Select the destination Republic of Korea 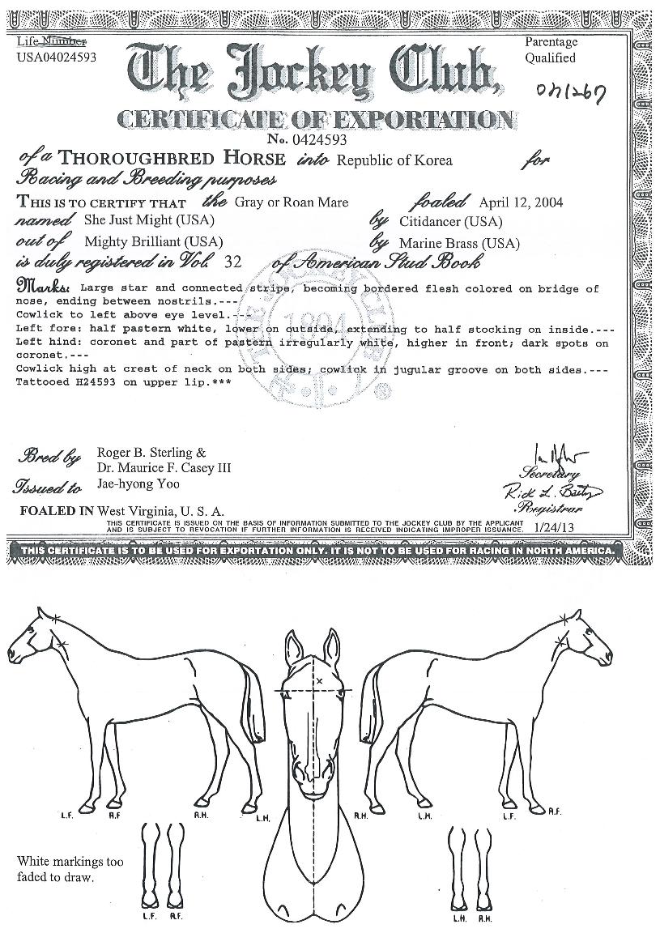click(x=394, y=160)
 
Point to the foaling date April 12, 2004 click(x=521, y=202)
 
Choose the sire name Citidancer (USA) click(x=450, y=221)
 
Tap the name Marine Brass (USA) click(x=459, y=243)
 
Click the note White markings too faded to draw click(x=70, y=869)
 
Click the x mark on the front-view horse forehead click(x=319, y=680)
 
